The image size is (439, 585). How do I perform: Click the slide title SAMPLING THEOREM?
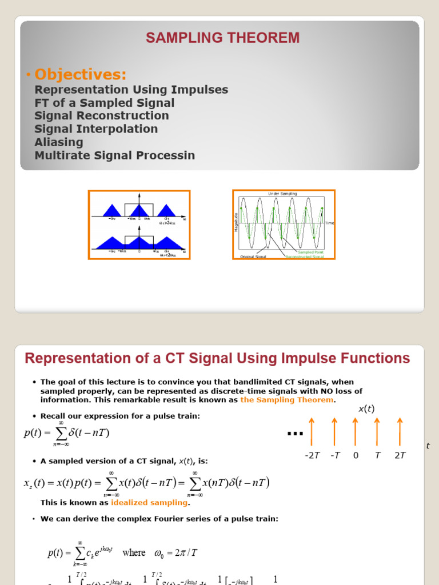[222, 38]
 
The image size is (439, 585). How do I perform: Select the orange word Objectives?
[80, 74]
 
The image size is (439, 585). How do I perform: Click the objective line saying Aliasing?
[59, 142]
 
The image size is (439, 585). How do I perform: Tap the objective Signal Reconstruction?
[102, 116]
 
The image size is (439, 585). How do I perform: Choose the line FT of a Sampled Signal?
[105, 103]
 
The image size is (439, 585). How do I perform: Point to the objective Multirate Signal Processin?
[115, 155]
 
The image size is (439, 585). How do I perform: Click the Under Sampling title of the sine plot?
[282, 194]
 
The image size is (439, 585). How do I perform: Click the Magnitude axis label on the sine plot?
[236, 222]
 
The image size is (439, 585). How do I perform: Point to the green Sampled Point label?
[310, 252]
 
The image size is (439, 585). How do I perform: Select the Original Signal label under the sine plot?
[253, 257]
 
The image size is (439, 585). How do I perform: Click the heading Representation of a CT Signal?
[217, 359]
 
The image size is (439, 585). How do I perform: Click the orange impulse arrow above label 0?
[356, 431]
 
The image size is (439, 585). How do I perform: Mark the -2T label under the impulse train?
[312, 455]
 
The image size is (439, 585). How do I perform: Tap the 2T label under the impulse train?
[400, 455]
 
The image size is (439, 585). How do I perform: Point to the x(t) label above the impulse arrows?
[366, 409]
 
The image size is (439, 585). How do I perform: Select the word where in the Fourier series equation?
[134, 552]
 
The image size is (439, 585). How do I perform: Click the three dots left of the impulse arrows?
[295, 434]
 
